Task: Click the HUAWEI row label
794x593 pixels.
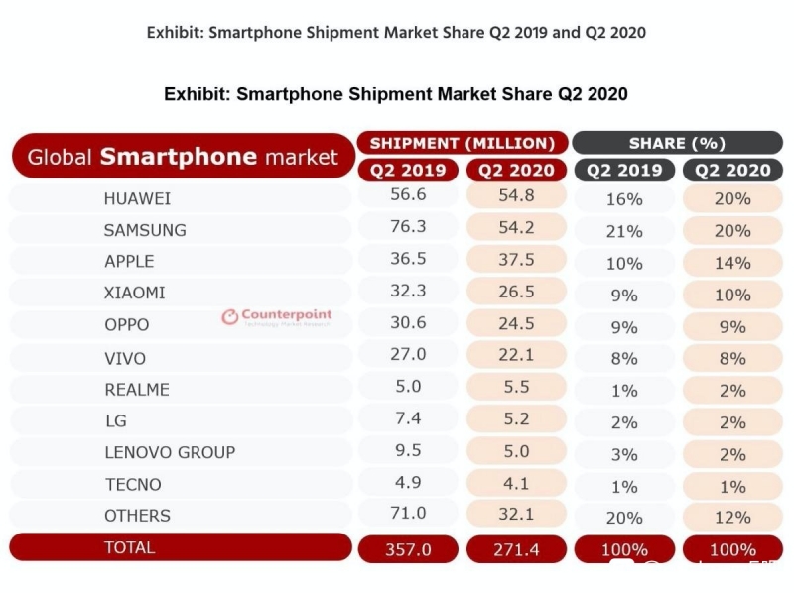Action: tap(137, 198)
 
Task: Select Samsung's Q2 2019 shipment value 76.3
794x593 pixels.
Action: tap(408, 227)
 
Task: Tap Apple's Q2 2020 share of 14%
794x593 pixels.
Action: tap(732, 263)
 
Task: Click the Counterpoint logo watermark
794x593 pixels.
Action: tap(277, 317)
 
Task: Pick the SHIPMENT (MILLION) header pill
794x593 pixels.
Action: tap(463, 143)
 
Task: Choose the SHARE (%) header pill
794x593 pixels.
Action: tap(677, 143)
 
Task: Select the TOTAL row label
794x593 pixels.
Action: tap(130, 546)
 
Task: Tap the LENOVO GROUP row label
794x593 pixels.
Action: tap(170, 452)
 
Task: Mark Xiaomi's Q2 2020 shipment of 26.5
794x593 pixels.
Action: tap(516, 292)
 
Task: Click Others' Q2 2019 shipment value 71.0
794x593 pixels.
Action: tap(408, 514)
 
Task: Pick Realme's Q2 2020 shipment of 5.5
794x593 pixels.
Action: tap(516, 388)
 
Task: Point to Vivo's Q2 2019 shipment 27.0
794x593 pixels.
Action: tap(408, 354)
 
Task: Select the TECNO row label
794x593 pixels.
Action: tap(132, 484)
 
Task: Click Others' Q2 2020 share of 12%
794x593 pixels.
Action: tap(732, 517)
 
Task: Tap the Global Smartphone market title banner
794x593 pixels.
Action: tap(183, 157)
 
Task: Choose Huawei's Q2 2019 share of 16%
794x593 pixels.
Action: tap(624, 199)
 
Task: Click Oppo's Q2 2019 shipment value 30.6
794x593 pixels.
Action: tap(408, 323)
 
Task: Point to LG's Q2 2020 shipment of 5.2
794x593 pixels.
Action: tap(516, 419)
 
